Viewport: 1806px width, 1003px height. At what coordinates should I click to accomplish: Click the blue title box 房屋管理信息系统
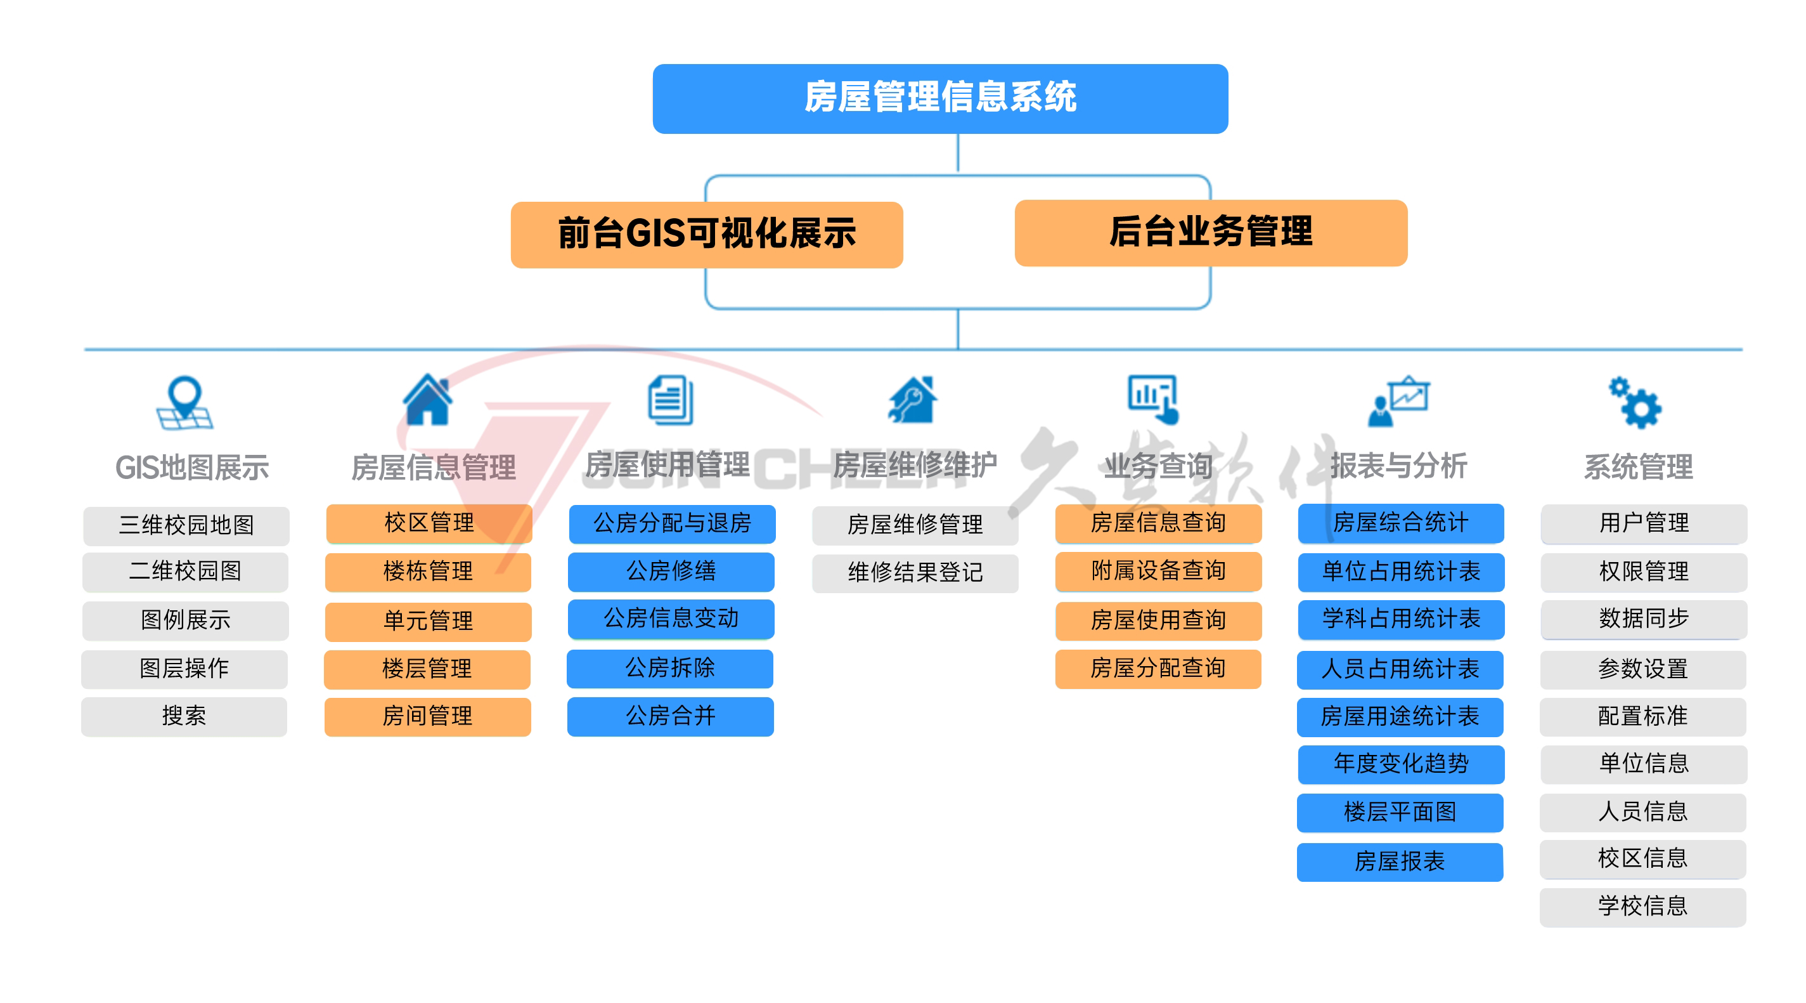pos(939,98)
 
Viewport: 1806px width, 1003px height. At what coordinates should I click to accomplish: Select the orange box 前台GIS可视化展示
pos(706,234)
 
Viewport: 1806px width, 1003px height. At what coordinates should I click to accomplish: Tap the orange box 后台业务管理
pos(1210,232)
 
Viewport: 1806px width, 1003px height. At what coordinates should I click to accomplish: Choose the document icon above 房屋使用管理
pos(670,400)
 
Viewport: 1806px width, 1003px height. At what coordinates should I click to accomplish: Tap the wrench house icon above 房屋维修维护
pos(912,400)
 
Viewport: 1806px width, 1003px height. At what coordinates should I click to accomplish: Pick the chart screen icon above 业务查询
pos(1153,399)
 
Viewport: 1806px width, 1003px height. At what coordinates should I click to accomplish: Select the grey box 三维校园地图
pos(186,525)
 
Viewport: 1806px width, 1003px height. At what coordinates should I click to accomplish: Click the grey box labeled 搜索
pos(184,716)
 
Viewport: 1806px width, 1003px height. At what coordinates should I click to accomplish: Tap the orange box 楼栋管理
pos(428,572)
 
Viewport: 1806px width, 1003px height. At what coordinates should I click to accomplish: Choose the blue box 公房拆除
pos(669,669)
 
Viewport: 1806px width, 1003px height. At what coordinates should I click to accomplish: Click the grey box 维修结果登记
pos(915,573)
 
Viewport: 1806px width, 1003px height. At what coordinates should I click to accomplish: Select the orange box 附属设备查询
pos(1158,571)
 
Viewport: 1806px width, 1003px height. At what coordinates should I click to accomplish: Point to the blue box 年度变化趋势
pos(1400,764)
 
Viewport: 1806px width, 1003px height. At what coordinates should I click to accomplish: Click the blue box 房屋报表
pos(1400,862)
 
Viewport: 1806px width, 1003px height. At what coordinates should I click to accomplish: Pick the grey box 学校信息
pos(1642,906)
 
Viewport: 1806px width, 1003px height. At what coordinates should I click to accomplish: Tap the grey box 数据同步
pos(1642,619)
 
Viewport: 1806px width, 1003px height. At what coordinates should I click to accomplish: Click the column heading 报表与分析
pos(1398,466)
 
